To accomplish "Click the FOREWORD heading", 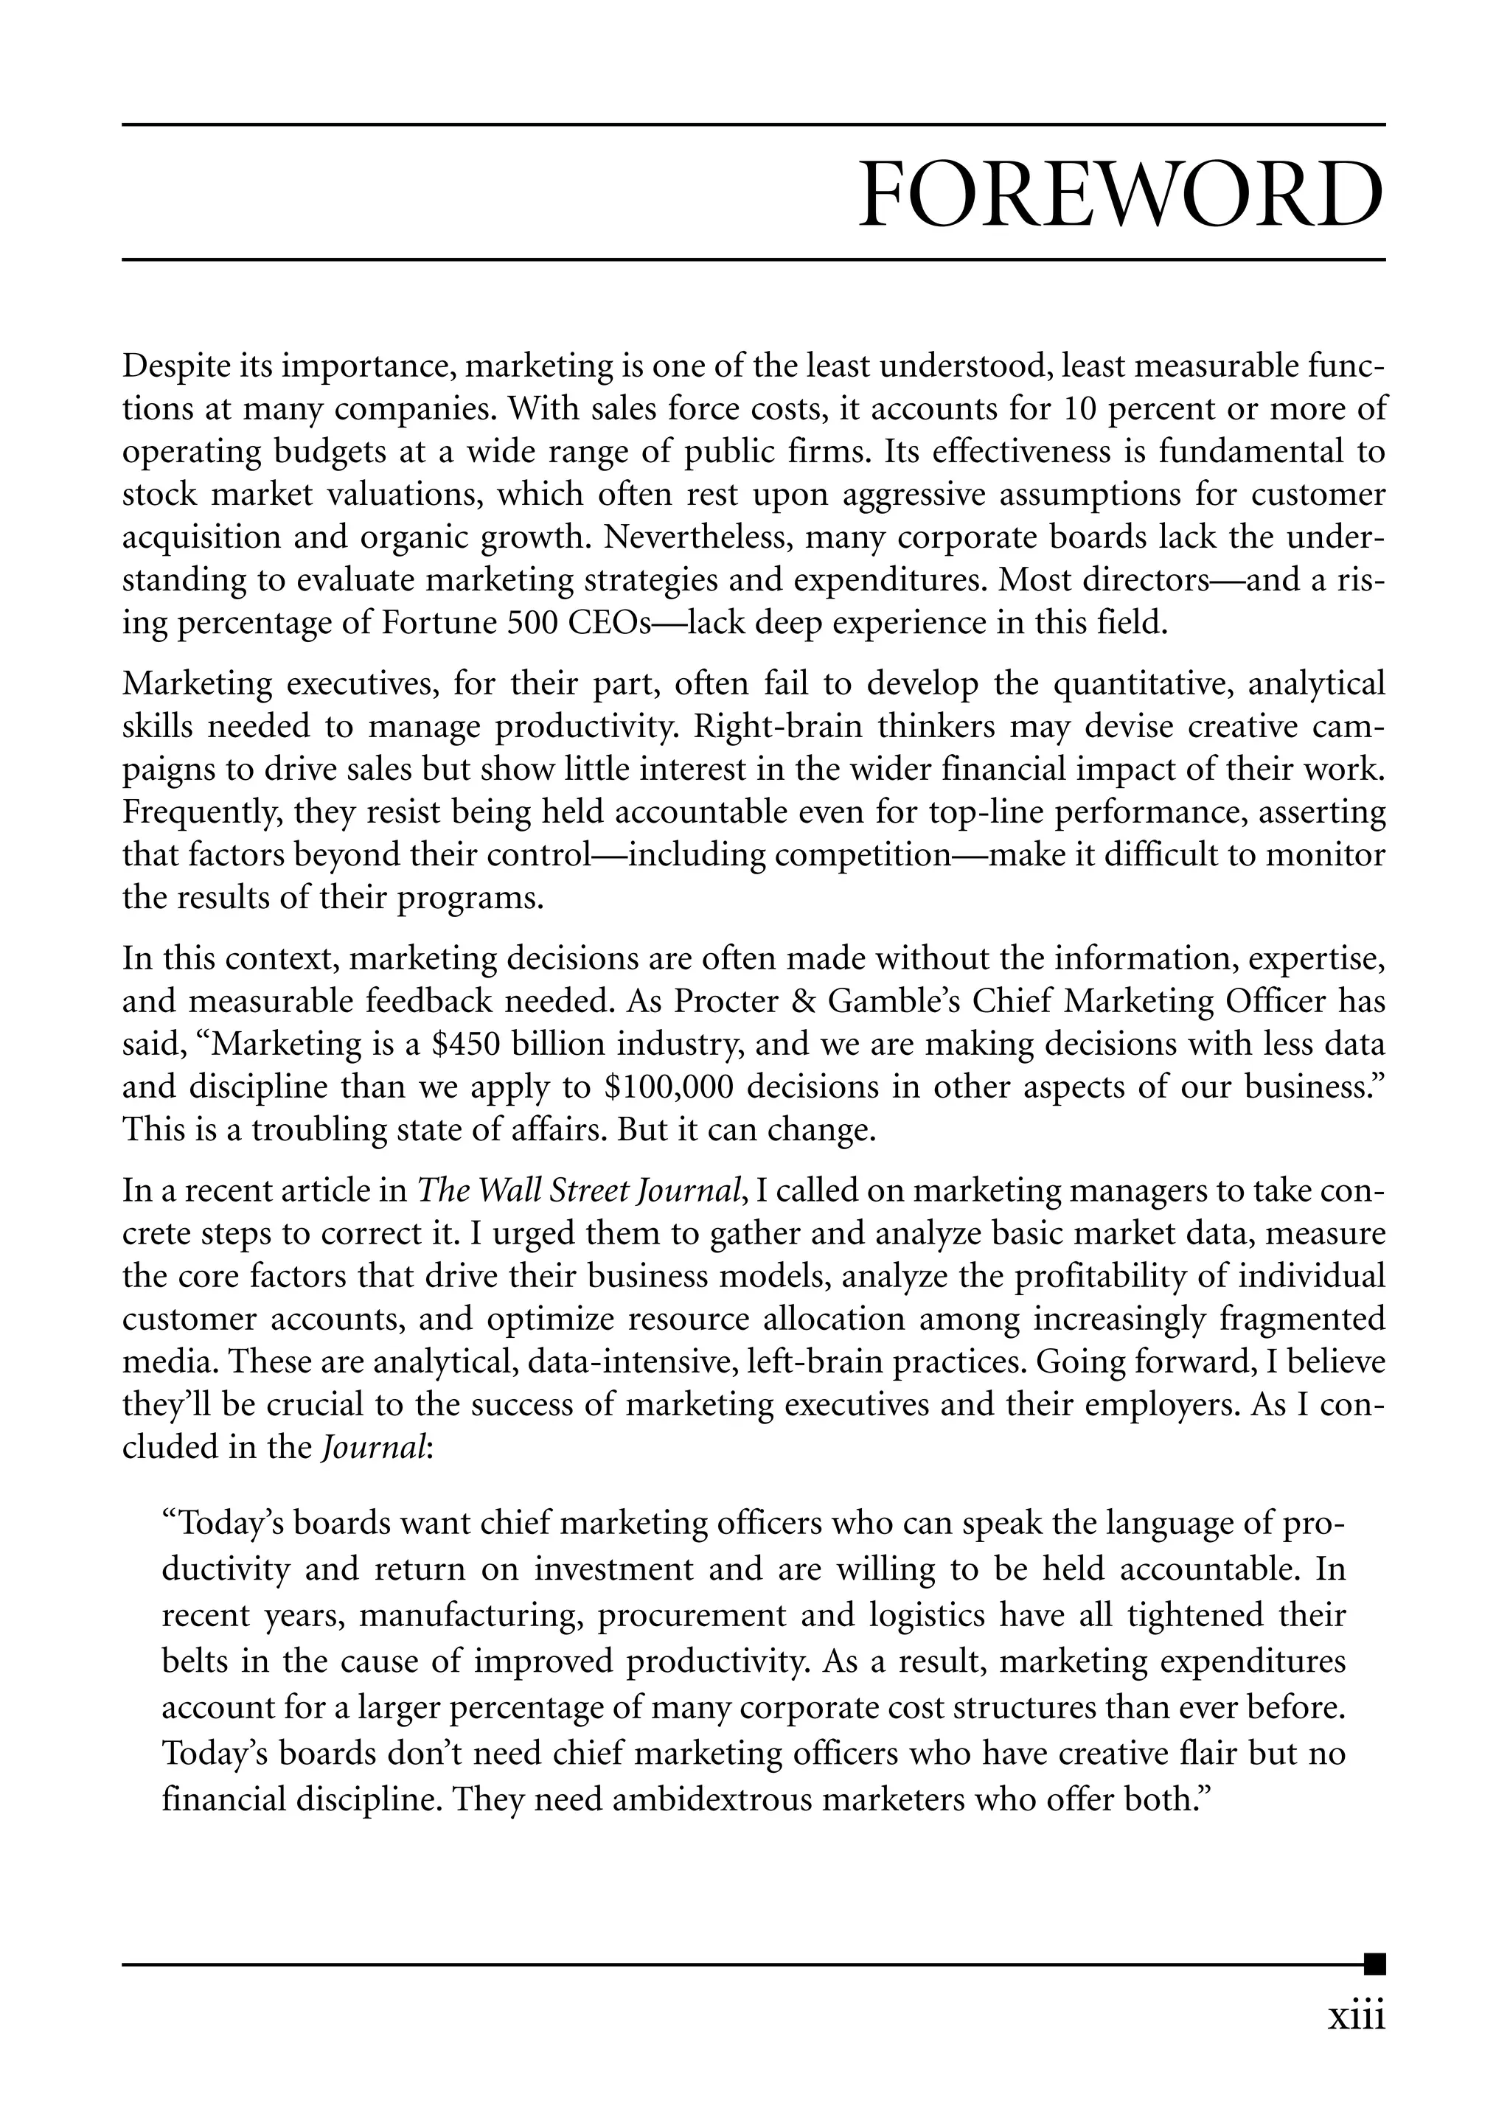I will point(1121,195).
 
